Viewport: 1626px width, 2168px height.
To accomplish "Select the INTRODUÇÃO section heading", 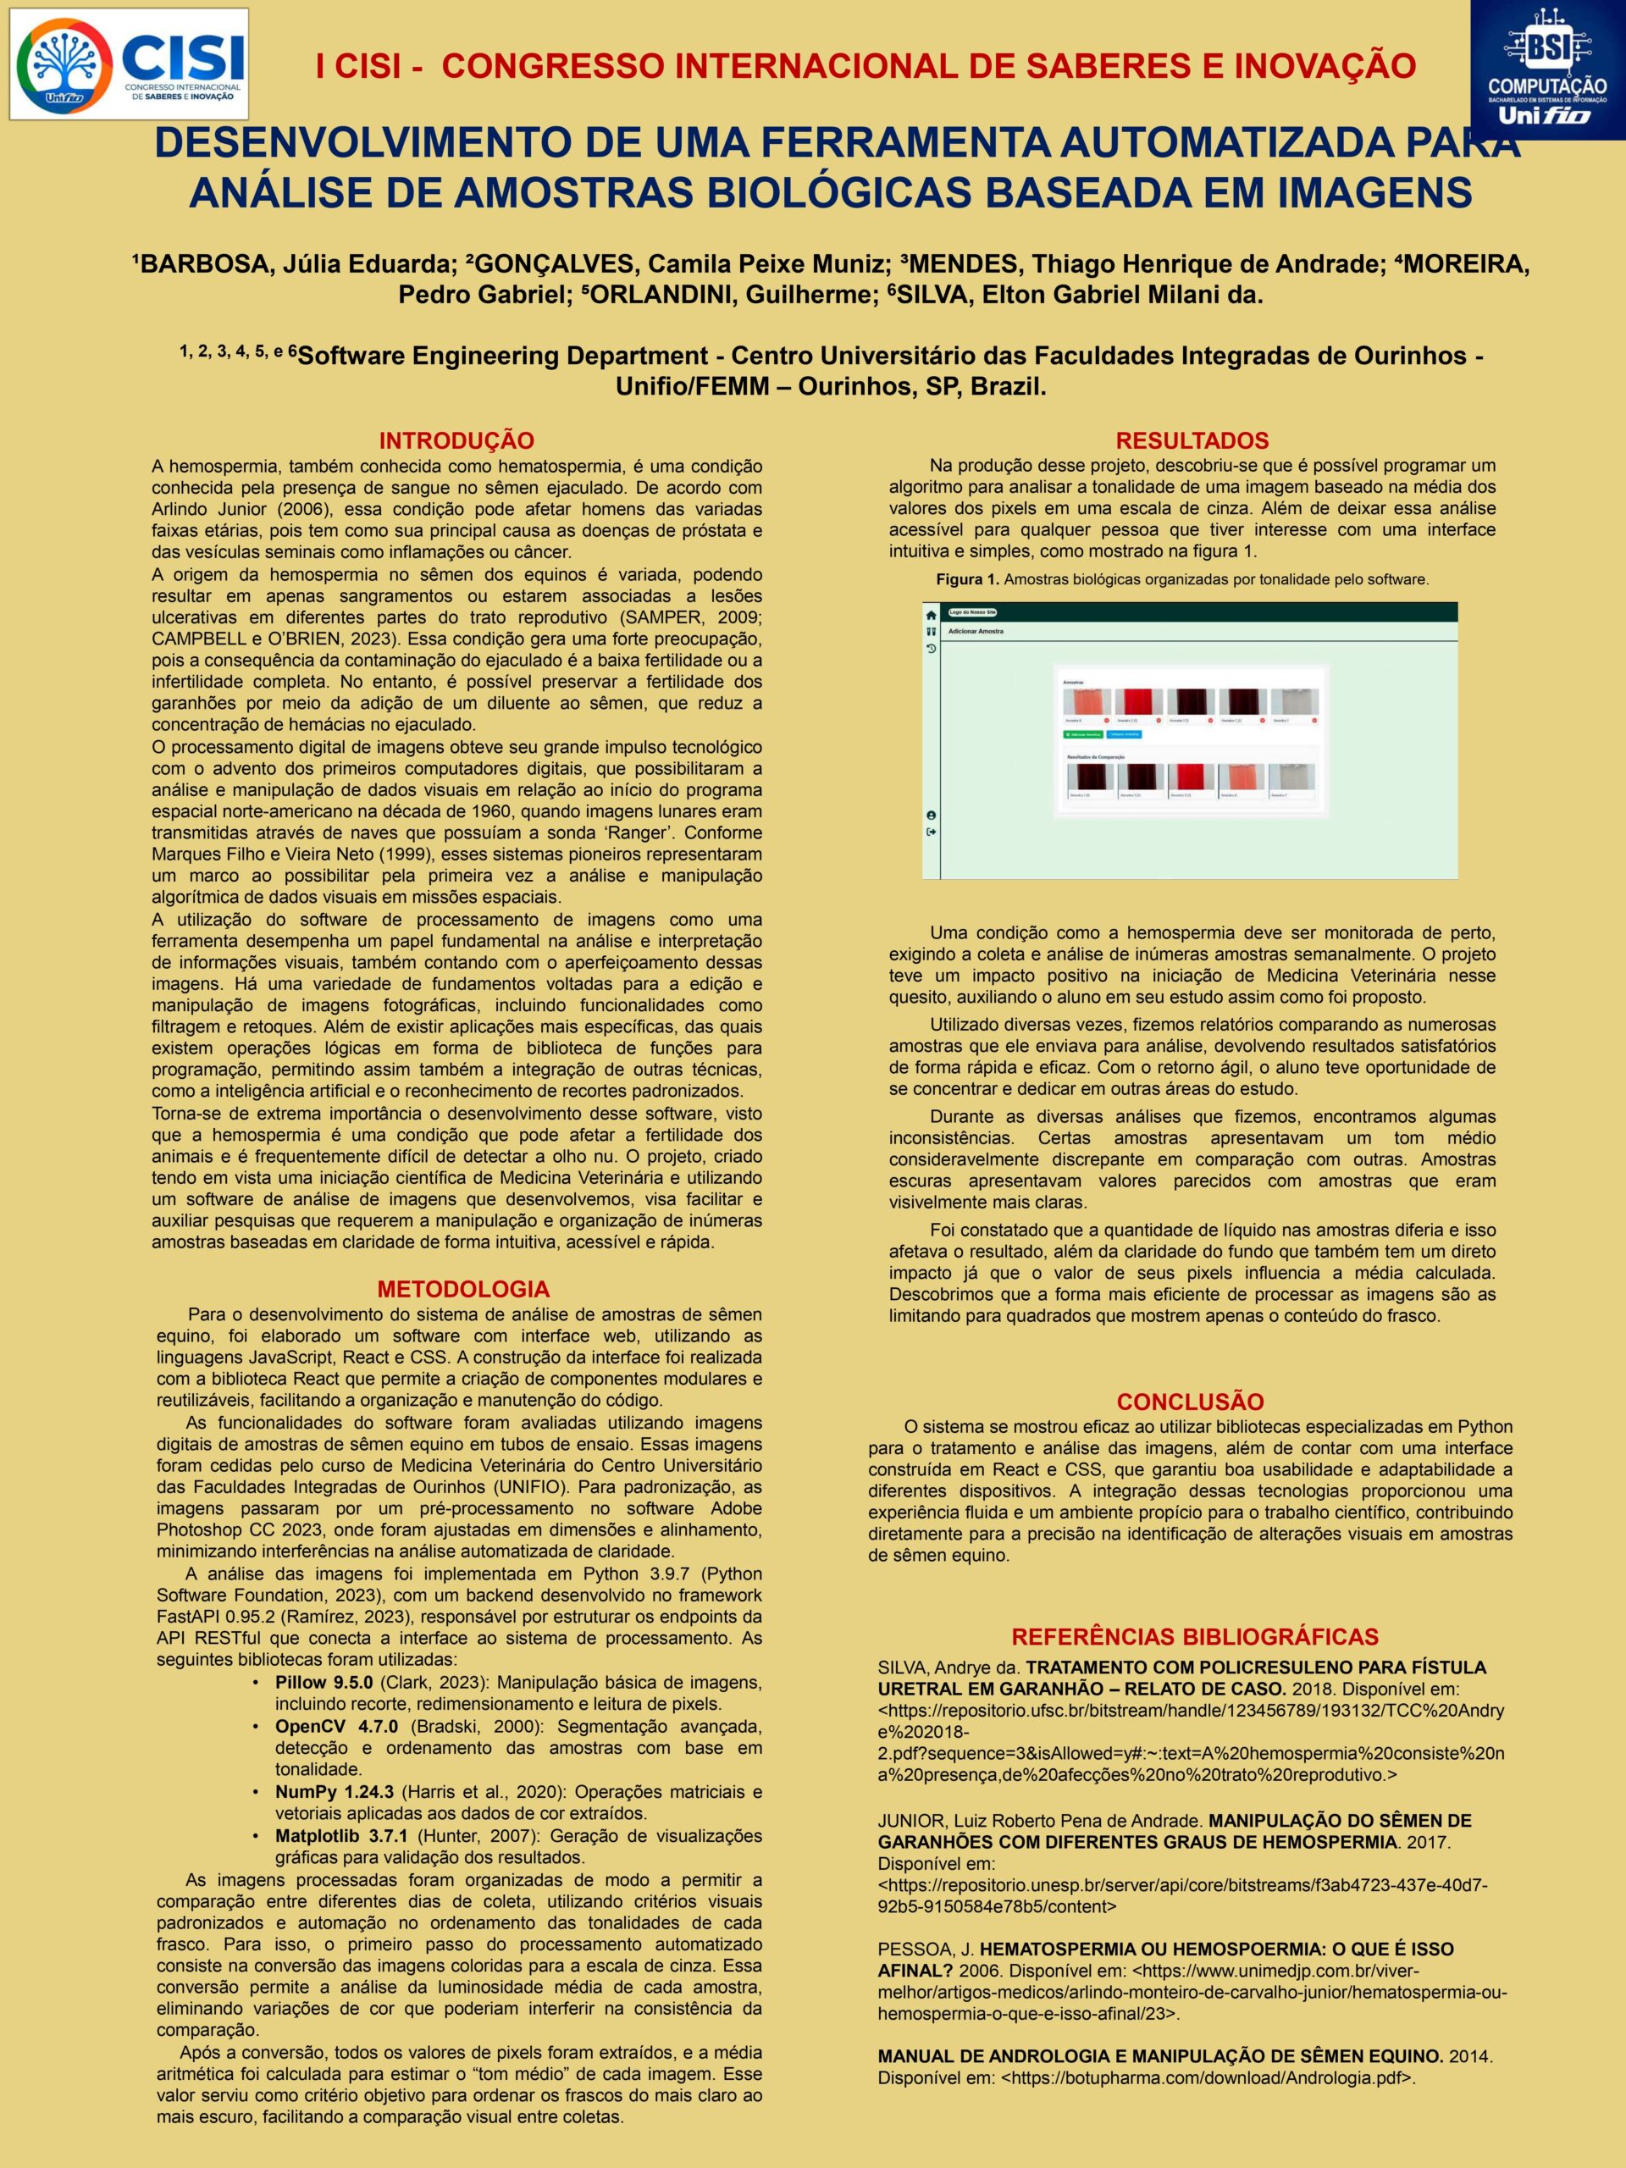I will [456, 441].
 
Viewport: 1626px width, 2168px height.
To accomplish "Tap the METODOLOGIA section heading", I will [463, 1289].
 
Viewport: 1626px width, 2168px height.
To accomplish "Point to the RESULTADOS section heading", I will [1192, 441].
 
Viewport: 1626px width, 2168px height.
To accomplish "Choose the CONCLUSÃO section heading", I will [1190, 1402].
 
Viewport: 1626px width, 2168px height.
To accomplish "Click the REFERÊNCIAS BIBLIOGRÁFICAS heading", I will [1195, 1637].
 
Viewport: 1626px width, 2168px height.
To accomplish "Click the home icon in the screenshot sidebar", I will [931, 615].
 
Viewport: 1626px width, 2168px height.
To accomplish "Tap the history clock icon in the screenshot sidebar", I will [931, 649].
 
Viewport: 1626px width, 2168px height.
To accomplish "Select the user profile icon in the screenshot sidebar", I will [931, 816].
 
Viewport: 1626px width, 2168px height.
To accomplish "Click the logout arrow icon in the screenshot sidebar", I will [931, 832].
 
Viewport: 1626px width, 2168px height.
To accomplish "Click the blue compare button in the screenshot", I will [1123, 733].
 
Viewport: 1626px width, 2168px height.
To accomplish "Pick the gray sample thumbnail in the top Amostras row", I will [1294, 702].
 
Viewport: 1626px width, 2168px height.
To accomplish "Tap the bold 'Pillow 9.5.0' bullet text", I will [324, 1683].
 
